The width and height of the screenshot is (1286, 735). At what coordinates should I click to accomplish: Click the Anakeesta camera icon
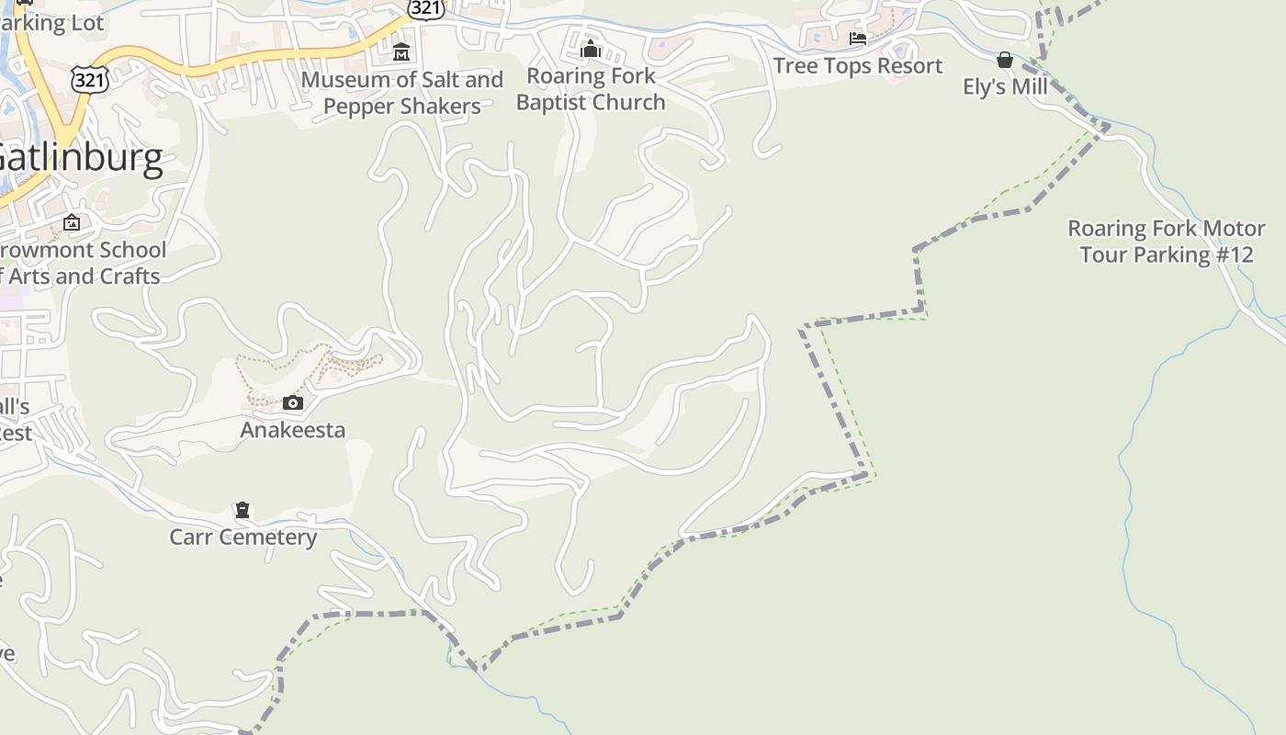pos(293,402)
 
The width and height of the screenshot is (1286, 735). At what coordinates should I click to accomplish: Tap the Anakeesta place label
pos(293,430)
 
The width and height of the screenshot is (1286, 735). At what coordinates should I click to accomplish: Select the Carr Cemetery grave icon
pos(243,510)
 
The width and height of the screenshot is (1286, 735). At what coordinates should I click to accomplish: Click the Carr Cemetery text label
pos(243,537)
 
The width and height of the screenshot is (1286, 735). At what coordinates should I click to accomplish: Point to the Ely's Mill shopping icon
pos(1005,60)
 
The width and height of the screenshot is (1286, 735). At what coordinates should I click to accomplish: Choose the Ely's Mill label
pos(1005,86)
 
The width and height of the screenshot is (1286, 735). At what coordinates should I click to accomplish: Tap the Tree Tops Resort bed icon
pos(858,39)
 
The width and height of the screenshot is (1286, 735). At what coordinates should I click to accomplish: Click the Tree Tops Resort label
pos(858,66)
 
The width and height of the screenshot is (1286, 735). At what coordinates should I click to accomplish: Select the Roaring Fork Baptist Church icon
pos(591,49)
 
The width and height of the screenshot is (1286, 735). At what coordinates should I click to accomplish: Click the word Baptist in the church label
pos(556,102)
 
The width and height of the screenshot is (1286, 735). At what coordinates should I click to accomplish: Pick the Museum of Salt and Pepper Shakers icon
pos(401,52)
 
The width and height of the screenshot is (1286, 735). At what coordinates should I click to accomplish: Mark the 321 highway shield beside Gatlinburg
pos(90,79)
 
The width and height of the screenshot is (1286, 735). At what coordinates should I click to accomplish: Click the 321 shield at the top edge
pos(426,7)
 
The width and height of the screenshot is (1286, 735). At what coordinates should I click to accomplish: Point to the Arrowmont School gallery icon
pos(72,222)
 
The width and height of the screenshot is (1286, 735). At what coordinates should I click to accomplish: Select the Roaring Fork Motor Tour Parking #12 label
pos(1166,241)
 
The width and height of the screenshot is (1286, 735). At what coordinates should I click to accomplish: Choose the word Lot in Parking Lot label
pos(87,23)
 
